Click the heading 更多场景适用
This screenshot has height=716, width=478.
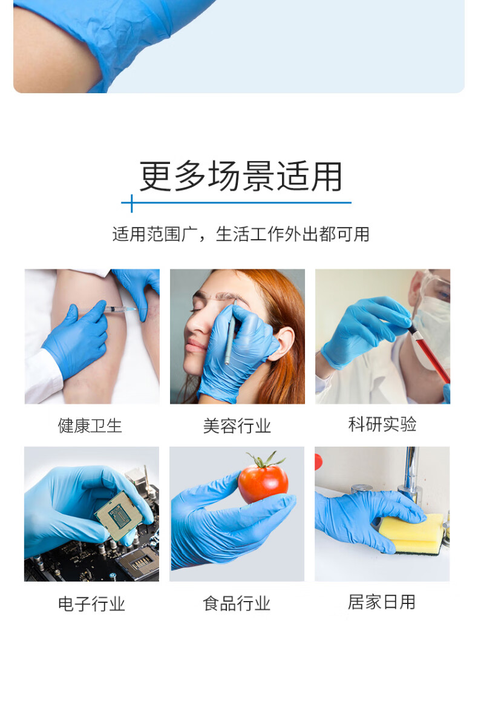click(x=241, y=176)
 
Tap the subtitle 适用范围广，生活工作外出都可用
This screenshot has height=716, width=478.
click(x=241, y=234)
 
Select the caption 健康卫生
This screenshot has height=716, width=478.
click(x=90, y=425)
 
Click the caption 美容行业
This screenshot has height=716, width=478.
click(x=237, y=426)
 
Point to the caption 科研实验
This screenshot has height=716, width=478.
click(x=382, y=424)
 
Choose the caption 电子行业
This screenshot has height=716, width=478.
click(x=91, y=603)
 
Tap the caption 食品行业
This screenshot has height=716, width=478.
click(x=237, y=603)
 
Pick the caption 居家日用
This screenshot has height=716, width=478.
click(x=382, y=602)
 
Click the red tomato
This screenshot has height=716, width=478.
click(x=263, y=481)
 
